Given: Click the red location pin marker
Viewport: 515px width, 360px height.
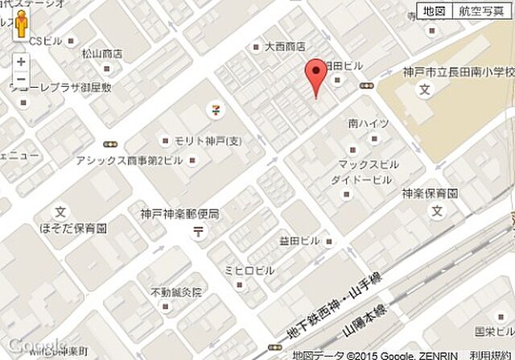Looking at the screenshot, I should click(317, 77).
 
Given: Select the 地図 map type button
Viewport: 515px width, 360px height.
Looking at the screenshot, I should click(434, 11).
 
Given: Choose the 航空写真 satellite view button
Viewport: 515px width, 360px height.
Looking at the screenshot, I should click(482, 11).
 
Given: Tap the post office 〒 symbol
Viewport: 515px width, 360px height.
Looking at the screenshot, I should click(197, 232).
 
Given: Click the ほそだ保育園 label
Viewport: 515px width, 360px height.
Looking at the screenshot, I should click(74, 229).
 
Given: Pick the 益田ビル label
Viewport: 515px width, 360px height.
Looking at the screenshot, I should click(299, 241).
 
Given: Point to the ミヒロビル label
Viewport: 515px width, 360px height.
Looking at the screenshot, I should click(249, 269).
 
